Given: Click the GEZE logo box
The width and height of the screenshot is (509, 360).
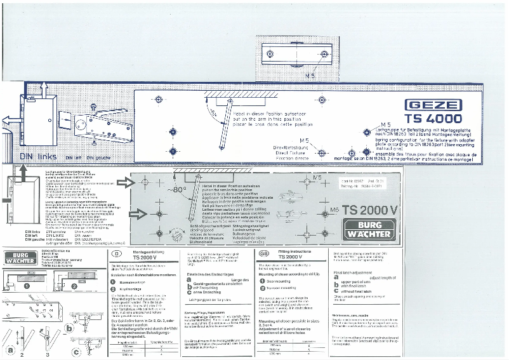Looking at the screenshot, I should pos(430,105).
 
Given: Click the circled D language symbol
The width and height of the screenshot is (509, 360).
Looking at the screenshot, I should pos(116,253).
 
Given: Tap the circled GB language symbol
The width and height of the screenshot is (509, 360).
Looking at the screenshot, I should pos(263,253).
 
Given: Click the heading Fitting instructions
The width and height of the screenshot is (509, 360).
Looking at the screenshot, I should pos(297,251).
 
